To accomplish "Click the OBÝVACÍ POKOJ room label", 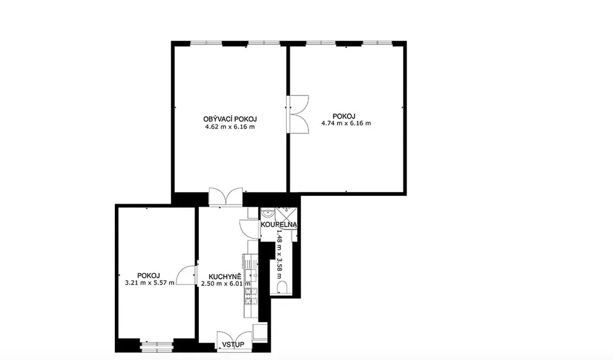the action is click(x=230, y=119).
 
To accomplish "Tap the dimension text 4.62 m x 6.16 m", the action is click(x=230, y=127).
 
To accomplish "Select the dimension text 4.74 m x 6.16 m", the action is click(x=346, y=123).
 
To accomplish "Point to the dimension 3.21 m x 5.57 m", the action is click(x=150, y=283).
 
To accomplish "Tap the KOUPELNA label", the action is click(x=279, y=225).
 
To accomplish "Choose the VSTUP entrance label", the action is click(x=233, y=344).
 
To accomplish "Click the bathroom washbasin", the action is click(x=268, y=214).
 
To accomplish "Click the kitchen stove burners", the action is click(x=251, y=296).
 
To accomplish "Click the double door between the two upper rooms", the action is click(x=298, y=114).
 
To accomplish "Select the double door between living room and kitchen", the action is click(x=226, y=196).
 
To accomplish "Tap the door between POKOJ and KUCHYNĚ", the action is click(x=187, y=275).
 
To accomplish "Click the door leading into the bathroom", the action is click(x=250, y=229).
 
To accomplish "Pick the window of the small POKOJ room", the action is click(x=156, y=345).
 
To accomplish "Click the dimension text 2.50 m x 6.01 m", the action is click(x=226, y=284).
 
